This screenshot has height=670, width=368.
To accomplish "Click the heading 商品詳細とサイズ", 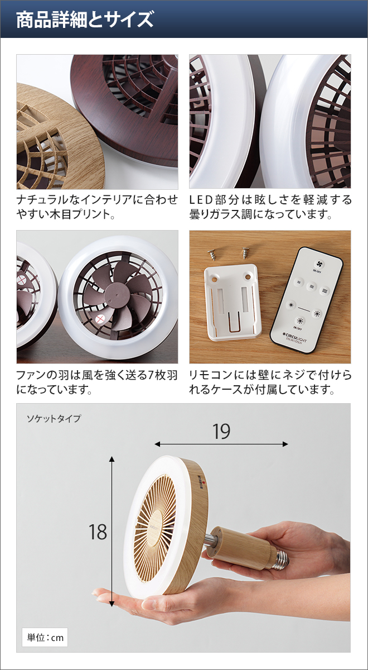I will [x=85, y=20].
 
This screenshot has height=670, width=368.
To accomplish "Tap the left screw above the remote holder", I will [x=212, y=253].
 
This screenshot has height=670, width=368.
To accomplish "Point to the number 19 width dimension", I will [x=221, y=431].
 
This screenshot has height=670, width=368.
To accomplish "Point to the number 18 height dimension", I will [x=98, y=532].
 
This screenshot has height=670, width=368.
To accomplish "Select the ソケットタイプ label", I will [x=54, y=418].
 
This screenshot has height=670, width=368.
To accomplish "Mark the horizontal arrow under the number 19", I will [x=221, y=444].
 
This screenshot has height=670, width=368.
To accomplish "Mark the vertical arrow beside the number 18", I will [x=112, y=531].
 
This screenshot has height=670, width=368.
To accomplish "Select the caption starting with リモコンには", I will [x=270, y=382].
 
